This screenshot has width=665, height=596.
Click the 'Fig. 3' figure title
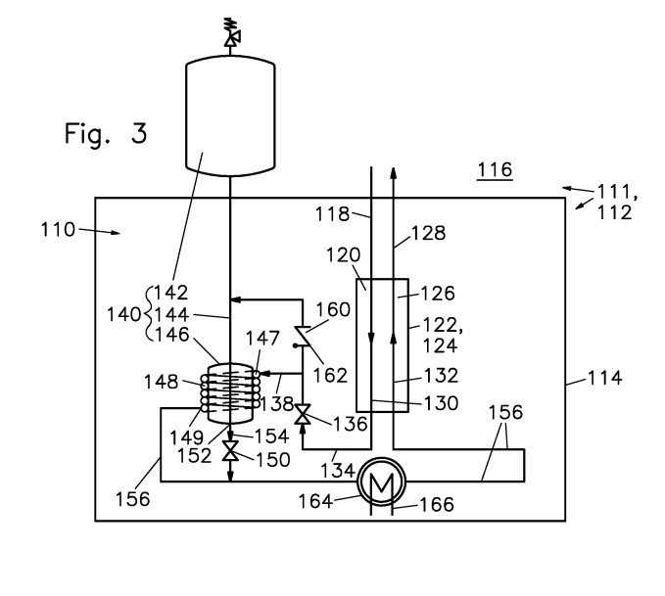pos(106,133)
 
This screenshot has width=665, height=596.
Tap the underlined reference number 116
pos(495,170)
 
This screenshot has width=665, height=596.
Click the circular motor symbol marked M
pos(382,481)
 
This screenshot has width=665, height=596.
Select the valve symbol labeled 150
pos(230,450)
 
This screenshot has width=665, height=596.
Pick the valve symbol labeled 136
pos(303,414)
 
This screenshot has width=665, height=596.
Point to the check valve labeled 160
pos(304,336)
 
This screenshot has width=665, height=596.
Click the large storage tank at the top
pos(230,115)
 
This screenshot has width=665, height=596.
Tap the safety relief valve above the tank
pos(231,31)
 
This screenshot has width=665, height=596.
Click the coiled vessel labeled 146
pos(230,393)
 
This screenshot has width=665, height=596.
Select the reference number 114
pos(605,378)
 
